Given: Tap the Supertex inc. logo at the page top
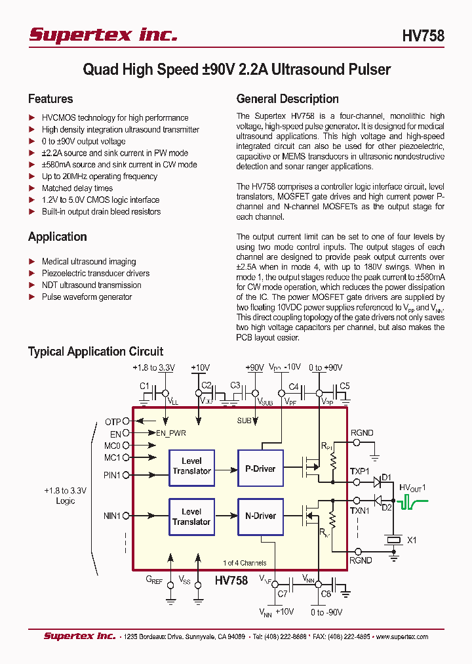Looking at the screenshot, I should point(103,35).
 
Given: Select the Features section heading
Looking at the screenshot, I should point(50,99).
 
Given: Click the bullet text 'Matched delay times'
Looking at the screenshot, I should point(77,188).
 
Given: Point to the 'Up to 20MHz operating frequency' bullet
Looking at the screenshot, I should point(100,176).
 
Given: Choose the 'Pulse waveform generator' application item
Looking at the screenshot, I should point(87,297).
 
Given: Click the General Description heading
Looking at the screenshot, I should point(287,99).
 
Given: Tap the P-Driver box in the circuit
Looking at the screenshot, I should point(260,468).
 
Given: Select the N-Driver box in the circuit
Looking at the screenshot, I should point(260,516).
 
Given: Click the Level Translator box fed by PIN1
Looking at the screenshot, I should point(191,467).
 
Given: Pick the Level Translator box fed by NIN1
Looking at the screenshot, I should point(191,517).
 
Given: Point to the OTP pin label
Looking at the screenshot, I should point(113,422).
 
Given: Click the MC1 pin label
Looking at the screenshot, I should point(112,457).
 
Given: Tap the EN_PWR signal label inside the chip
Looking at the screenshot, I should point(171,433).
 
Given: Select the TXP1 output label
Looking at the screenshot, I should point(359,472).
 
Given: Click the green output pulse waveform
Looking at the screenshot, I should point(413,503).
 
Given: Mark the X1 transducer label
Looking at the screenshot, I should point(412,540).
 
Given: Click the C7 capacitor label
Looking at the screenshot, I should point(282,594).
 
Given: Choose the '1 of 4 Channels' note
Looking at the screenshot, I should point(244,563).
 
